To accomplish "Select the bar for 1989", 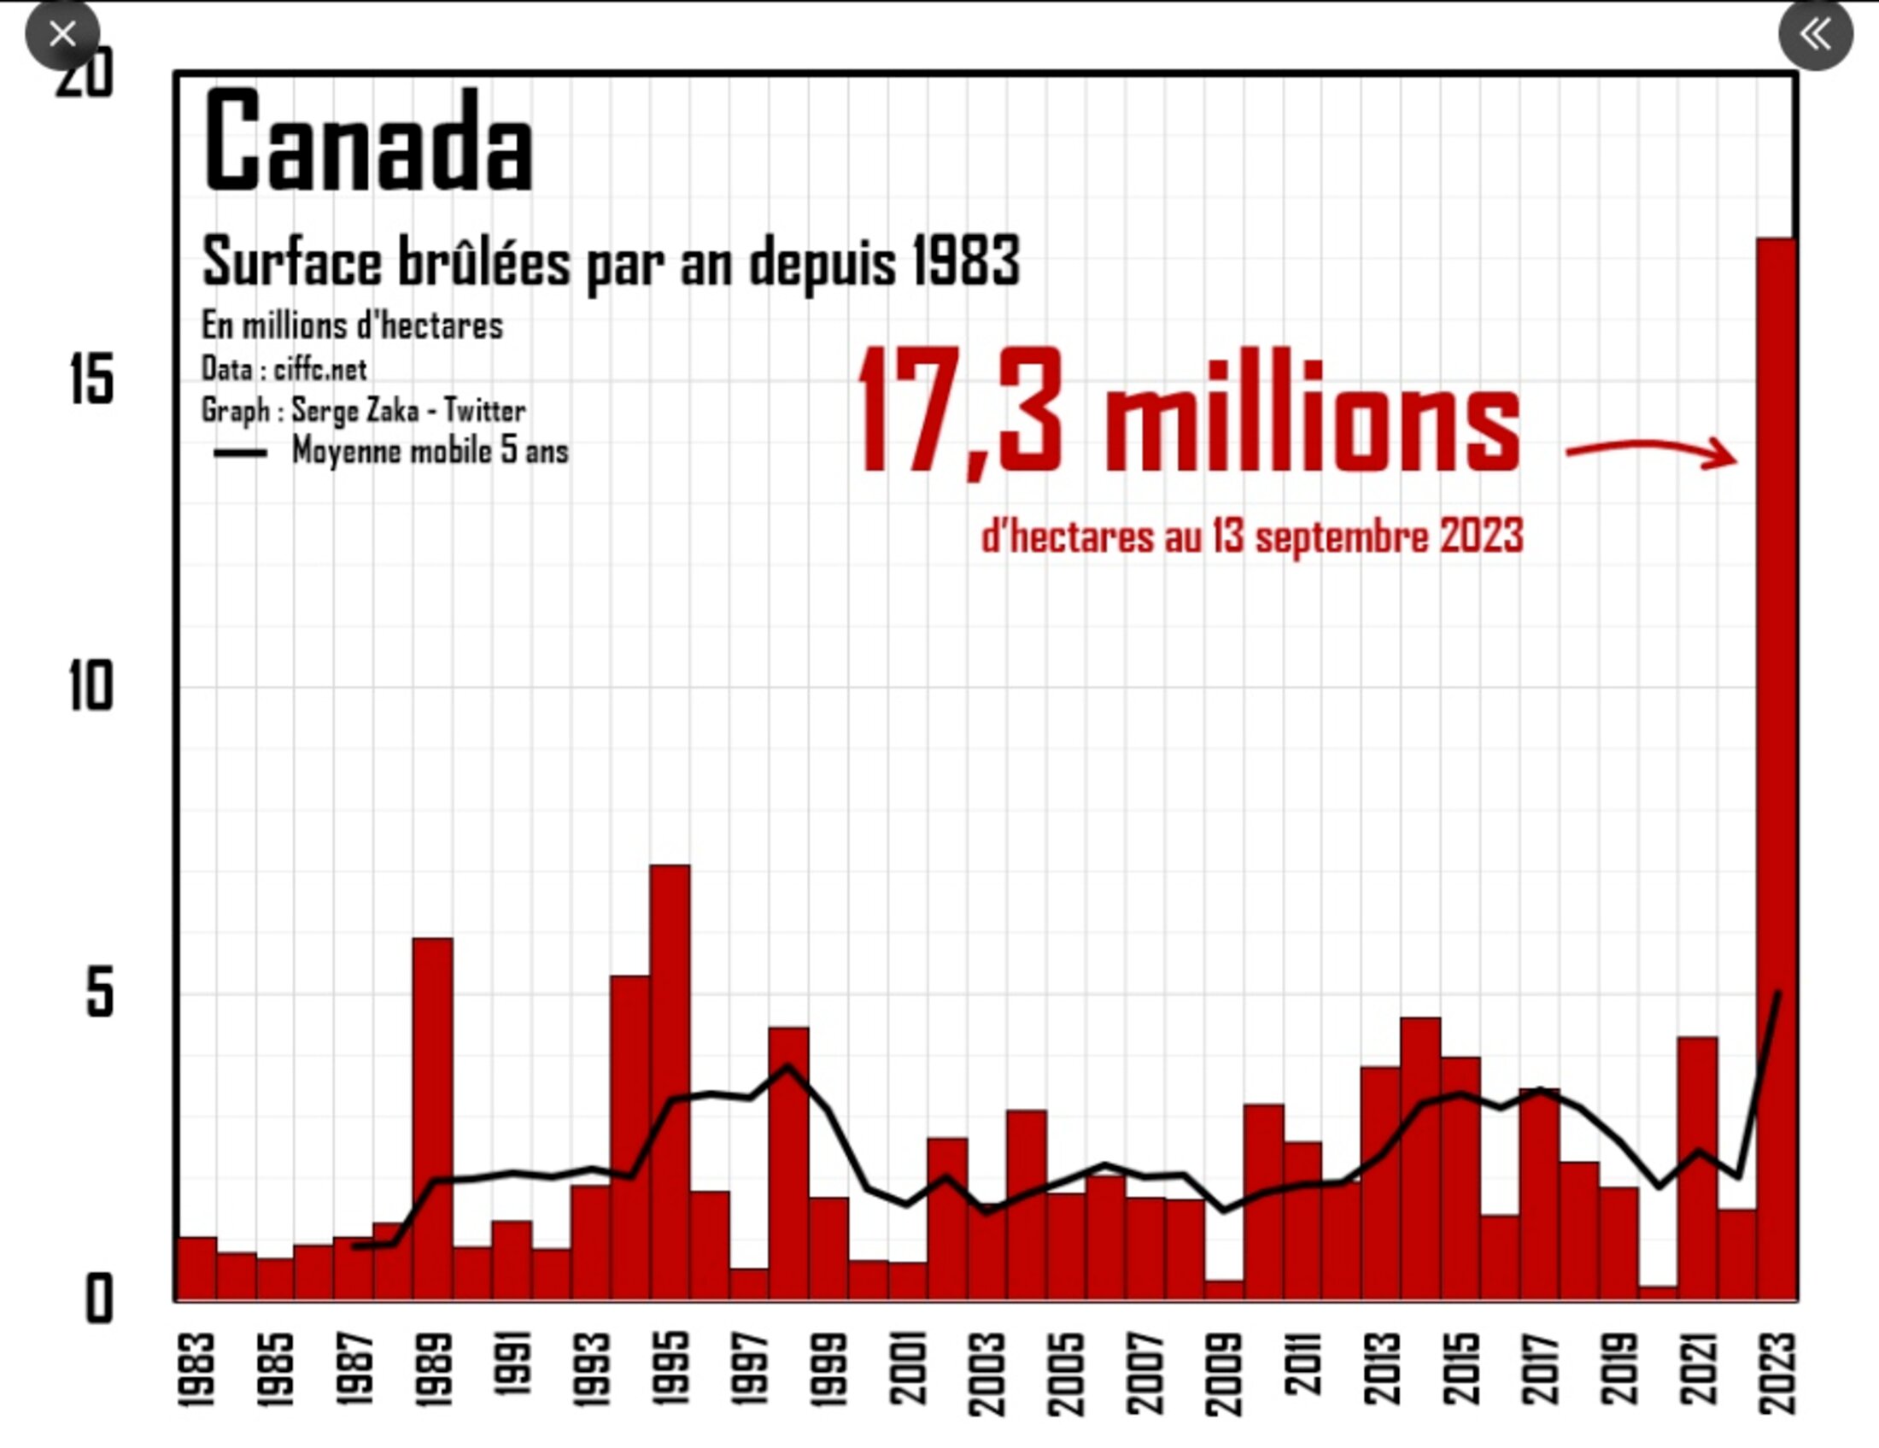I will (433, 1118).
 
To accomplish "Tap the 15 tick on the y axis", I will (91, 379).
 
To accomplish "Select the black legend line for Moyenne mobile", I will (240, 454).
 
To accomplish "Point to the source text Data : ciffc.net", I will (284, 369).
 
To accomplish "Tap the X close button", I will (62, 34).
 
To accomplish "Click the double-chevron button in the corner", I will (1815, 34).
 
